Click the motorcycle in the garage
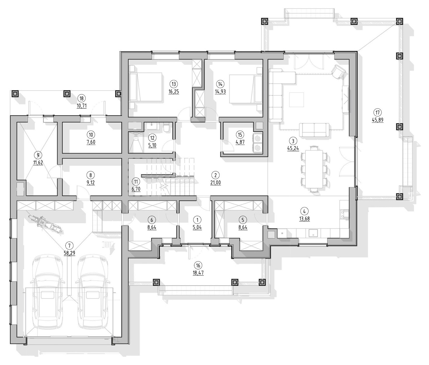pyautogui.click(x=45, y=224)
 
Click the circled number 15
pyautogui.click(x=240, y=135)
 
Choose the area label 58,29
pyautogui.click(x=70, y=253)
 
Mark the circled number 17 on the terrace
pyautogui.click(x=377, y=113)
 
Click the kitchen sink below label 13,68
pyautogui.click(x=312, y=233)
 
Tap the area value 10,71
pyautogui.click(x=81, y=106)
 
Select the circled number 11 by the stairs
pyautogui.click(x=136, y=182)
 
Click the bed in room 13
pyautogui.click(x=146, y=87)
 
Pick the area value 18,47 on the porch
pyautogui.click(x=198, y=273)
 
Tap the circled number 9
pyautogui.click(x=38, y=155)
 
